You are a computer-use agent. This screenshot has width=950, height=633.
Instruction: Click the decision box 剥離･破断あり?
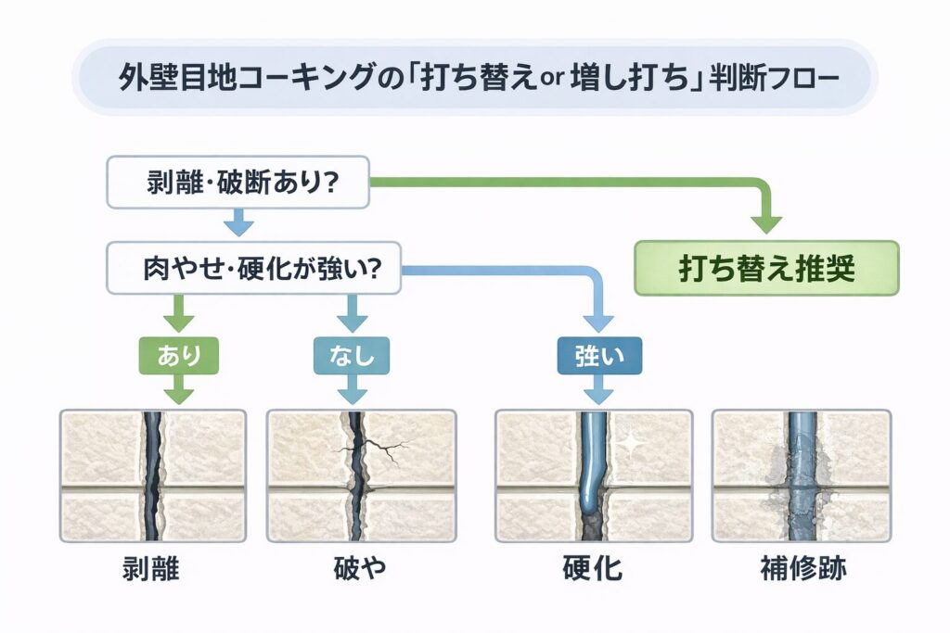point(238,182)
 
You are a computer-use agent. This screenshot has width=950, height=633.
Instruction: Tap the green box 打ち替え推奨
point(765,268)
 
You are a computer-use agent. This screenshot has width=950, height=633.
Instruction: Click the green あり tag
point(178,355)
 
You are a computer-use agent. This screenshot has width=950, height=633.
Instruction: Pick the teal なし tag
point(351,355)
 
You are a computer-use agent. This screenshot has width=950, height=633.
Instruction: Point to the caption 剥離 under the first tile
point(150,568)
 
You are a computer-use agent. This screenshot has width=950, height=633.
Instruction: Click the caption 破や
point(359,568)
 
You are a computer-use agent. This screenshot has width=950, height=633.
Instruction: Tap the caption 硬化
point(594,568)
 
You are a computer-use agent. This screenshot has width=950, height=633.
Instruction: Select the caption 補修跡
point(802,568)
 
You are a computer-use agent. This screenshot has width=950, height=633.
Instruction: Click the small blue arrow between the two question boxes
point(238,222)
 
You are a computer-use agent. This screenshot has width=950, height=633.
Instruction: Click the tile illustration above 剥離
point(152,475)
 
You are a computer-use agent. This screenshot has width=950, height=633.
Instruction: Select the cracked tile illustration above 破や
point(360,475)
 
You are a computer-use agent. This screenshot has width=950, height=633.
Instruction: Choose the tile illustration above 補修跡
point(802,475)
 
